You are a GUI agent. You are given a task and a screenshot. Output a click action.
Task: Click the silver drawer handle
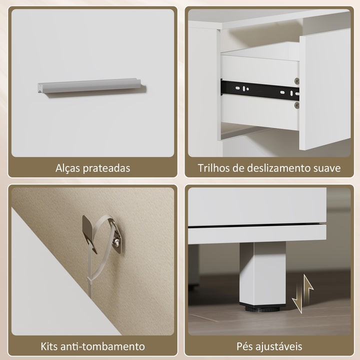[90, 86]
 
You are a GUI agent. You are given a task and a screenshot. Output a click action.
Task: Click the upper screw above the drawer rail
[297, 80]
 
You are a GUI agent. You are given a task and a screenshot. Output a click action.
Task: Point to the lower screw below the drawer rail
[297, 105]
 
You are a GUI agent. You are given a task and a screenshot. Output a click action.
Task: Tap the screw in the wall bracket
[116, 242]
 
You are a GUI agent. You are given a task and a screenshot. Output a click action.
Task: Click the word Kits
[52, 346]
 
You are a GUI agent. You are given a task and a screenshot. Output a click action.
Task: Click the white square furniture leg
[262, 272]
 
